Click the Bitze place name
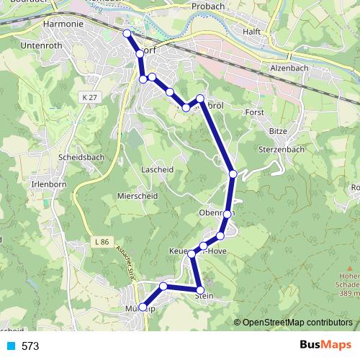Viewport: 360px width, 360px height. click(x=278, y=131)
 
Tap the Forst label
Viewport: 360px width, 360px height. click(x=254, y=113)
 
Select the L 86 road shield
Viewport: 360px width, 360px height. click(x=101, y=242)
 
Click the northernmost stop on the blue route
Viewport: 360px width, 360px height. click(x=127, y=34)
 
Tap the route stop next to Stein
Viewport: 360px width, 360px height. click(x=201, y=289)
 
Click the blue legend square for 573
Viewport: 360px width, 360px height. click(x=10, y=346)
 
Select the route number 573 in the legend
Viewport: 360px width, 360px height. click(x=30, y=346)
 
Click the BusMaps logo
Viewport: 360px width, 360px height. click(x=324, y=346)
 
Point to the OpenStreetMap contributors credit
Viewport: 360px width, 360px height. click(x=297, y=323)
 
